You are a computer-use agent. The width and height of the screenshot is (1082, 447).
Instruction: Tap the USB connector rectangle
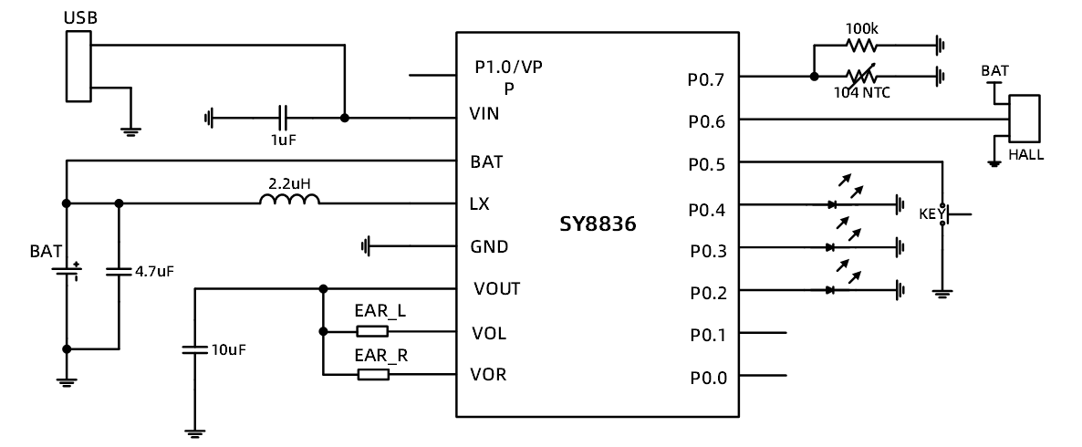(x=78, y=66)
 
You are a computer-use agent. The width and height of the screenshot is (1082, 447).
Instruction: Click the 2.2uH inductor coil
(x=290, y=202)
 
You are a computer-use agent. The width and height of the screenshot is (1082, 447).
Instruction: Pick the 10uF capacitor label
(x=228, y=349)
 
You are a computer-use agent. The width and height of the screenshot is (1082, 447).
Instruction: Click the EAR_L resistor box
(x=373, y=332)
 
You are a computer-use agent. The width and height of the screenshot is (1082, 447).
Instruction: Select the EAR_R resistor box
(x=373, y=374)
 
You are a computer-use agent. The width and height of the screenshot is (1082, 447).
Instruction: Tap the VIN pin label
(x=484, y=115)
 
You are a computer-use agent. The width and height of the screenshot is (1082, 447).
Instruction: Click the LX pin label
(x=479, y=203)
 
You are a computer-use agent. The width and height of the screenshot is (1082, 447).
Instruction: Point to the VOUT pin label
(x=496, y=289)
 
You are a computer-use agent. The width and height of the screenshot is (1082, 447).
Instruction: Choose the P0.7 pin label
(x=707, y=79)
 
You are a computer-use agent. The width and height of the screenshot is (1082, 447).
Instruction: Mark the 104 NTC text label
(x=862, y=92)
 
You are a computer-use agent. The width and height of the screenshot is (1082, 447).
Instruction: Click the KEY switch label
(x=931, y=214)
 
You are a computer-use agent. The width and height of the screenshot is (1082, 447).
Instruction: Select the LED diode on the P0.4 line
(x=830, y=205)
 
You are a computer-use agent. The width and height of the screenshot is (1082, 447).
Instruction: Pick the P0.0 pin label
(x=707, y=377)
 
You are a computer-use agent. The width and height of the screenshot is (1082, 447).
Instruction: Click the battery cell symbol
(x=66, y=271)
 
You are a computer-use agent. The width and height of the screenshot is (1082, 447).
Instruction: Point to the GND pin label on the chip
(x=489, y=246)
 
